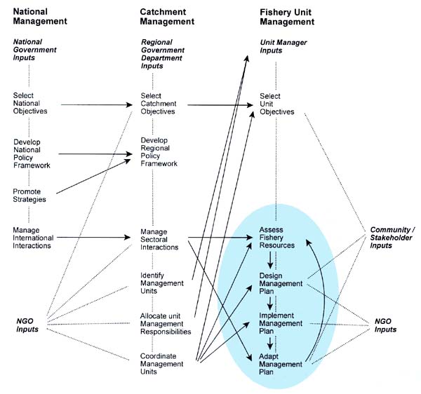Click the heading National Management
40,15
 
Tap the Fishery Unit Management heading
287,15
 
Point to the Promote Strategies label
30,195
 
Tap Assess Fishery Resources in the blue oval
276,238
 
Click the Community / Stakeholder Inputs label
392,238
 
